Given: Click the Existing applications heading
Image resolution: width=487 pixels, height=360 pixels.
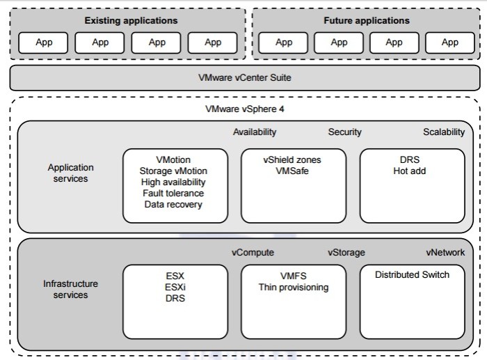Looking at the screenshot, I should pyautogui.click(x=131, y=21).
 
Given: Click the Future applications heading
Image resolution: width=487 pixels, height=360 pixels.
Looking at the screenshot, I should pyautogui.click(x=367, y=21).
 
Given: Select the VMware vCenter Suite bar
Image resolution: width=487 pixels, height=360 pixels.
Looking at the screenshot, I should pyautogui.click(x=244, y=78).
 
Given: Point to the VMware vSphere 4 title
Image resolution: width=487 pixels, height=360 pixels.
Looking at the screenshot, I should pyautogui.click(x=244, y=109).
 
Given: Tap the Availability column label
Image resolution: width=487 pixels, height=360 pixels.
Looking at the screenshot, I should pyautogui.click(x=255, y=132).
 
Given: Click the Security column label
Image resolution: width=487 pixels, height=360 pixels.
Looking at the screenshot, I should pyautogui.click(x=344, y=132).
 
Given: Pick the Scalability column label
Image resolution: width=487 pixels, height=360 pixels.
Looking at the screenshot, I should pyautogui.click(x=444, y=132).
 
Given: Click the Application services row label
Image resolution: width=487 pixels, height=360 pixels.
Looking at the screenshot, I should pyautogui.click(x=70, y=173).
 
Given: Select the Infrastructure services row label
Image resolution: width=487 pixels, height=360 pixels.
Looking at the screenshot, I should pyautogui.click(x=70, y=290).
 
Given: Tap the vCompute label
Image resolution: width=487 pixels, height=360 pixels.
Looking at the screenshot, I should pyautogui.click(x=253, y=252).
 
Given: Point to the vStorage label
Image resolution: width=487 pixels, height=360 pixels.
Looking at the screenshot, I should pyautogui.click(x=346, y=252).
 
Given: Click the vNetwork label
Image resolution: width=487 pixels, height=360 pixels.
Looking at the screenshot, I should pyautogui.click(x=445, y=252).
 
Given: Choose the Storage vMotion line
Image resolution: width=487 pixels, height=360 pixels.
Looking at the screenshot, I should pyautogui.click(x=175, y=171).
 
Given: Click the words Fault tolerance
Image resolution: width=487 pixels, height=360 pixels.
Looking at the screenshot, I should pyautogui.click(x=175, y=194).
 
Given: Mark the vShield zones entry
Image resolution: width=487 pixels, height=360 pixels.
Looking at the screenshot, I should pyautogui.click(x=292, y=159).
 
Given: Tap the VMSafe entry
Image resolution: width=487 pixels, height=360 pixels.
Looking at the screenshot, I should pyautogui.click(x=292, y=171).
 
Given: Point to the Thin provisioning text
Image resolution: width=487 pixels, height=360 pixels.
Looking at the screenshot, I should pyautogui.click(x=293, y=287).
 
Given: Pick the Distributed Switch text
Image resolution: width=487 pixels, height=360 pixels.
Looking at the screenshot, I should pyautogui.click(x=412, y=275).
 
